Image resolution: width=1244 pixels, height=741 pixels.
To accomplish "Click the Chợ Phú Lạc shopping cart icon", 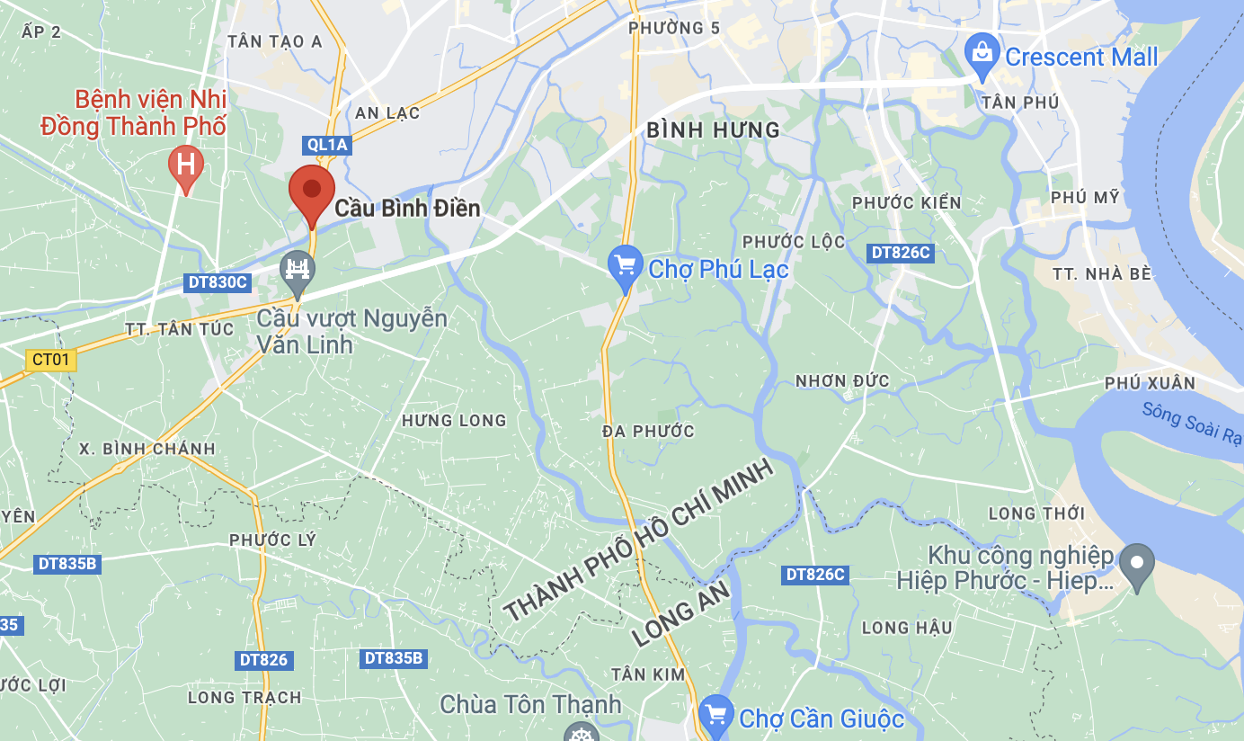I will click(625, 266).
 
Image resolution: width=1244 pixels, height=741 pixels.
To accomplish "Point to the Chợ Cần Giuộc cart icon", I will click(715, 715).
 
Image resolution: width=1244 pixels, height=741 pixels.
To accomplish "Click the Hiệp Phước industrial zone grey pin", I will click(1136, 564).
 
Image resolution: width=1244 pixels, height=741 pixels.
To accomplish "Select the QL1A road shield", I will click(326, 145).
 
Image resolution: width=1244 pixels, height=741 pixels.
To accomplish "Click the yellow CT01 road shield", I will click(50, 361).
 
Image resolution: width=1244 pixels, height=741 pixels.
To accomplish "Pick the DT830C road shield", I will click(217, 282).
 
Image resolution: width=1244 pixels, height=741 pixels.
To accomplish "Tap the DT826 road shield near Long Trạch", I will click(263, 660).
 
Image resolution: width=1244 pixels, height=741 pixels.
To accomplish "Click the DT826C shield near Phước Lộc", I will click(900, 253).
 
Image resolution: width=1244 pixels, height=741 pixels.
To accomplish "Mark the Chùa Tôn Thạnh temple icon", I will click(581, 734).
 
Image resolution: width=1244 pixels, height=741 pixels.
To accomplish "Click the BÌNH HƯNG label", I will click(714, 130).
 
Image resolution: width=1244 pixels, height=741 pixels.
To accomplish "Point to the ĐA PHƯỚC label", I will click(649, 431).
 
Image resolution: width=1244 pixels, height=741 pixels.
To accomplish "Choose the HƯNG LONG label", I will click(454, 420).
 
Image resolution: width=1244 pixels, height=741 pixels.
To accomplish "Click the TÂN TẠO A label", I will click(275, 40).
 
